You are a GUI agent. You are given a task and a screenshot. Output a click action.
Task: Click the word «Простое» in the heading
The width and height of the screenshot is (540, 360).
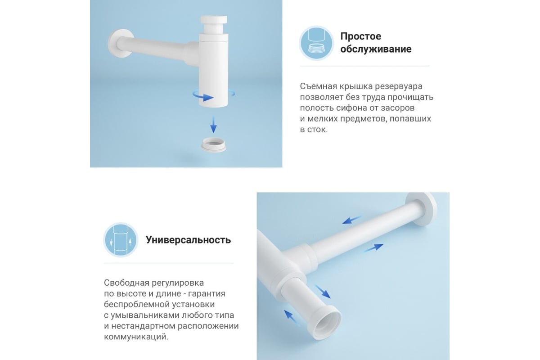pos(360,36)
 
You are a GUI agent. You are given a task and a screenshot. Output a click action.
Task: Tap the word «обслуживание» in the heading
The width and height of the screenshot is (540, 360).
pos(376,49)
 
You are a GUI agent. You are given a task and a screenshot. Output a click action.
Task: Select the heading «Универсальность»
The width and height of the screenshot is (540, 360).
pos(188,240)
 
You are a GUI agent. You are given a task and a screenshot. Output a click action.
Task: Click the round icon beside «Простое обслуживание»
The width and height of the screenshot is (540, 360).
pos(316,43)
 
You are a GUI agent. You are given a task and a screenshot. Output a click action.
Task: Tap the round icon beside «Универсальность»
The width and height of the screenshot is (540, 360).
pos(121,240)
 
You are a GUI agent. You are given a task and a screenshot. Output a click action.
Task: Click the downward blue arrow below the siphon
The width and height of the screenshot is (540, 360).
pos(213,124)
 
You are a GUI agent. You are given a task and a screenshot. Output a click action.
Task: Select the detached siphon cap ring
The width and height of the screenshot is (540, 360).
pos(213,145)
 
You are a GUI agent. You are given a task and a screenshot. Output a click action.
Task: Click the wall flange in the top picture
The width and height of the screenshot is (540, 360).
pos(119,43)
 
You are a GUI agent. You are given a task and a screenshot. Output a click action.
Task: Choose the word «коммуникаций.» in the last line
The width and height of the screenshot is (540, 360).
pos(136,337)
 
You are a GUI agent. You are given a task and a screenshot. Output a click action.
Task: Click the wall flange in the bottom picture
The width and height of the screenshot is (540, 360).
pos(421,209)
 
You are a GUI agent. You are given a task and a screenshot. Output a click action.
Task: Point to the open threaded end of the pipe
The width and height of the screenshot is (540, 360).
pos(328,322)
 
